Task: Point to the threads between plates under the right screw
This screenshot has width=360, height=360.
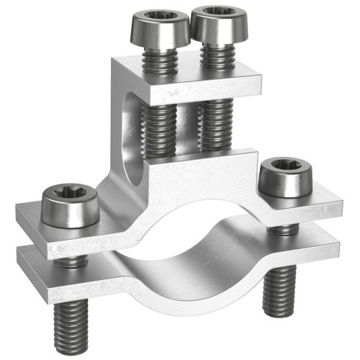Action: pyautogui.click(x=283, y=228)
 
